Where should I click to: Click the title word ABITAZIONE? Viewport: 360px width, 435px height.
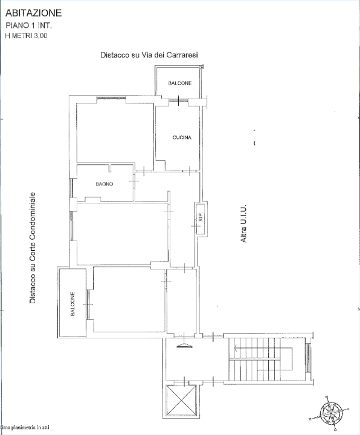[x=33, y=13]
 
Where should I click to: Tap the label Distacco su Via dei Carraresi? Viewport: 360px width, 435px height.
[x=150, y=55]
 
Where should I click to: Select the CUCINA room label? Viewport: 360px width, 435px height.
[x=182, y=138]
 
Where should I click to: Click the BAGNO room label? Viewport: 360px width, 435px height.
[x=104, y=184]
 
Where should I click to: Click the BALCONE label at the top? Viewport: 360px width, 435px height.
[x=180, y=83]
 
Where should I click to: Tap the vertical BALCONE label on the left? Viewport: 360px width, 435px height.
[x=72, y=304]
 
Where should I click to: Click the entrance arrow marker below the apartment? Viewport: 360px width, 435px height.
[x=184, y=346]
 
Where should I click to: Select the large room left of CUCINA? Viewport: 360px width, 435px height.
[x=115, y=133]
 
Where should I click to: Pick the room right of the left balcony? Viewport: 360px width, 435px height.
[x=129, y=299]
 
